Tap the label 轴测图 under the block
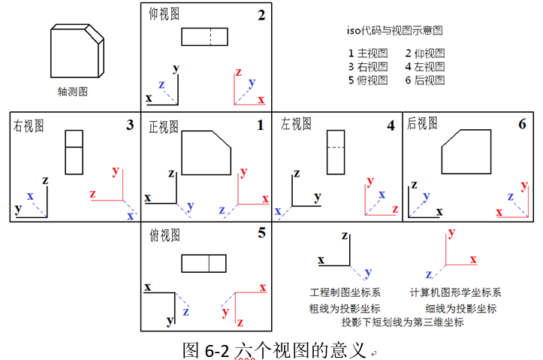74,92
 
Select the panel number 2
261,14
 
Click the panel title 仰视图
164,14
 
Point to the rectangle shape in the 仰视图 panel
204,36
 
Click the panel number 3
129,125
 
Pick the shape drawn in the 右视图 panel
74,153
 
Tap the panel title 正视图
164,126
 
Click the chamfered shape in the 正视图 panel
205,153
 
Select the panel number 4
391,126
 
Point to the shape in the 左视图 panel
334,153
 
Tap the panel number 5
261,233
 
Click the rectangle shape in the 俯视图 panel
204,263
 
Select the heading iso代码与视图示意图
394,31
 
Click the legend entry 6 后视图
424,80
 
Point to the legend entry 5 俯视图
368,80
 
